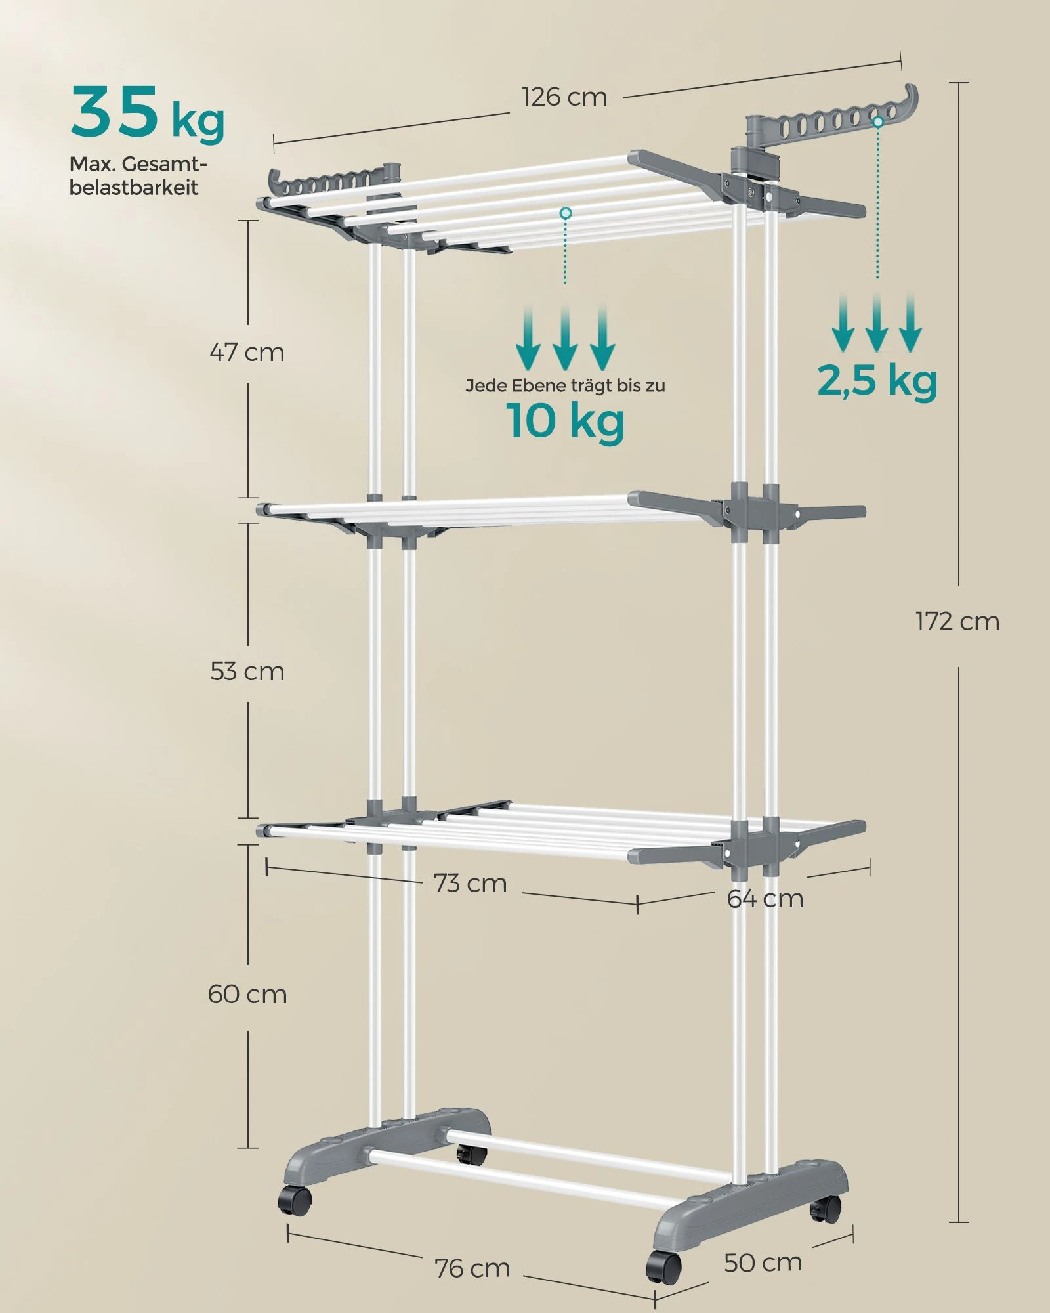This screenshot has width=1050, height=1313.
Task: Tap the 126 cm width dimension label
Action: tap(565, 97)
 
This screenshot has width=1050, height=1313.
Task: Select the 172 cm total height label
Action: tap(957, 621)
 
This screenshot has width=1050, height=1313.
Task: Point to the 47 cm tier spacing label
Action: tap(247, 353)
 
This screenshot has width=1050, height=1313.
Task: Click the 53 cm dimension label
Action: tap(247, 672)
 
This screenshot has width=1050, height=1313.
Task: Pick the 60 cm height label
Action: tap(247, 995)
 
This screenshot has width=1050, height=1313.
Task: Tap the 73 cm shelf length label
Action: tap(471, 884)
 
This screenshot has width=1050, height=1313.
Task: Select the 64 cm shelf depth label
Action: tap(765, 899)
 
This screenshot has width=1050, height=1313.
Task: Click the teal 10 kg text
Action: tap(565, 420)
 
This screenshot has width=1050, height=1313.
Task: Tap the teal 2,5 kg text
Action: tap(877, 381)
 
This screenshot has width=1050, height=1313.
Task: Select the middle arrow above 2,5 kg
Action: tap(877, 322)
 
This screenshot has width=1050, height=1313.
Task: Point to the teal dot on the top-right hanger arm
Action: tap(878, 121)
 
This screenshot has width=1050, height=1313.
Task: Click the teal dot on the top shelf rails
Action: tap(566, 213)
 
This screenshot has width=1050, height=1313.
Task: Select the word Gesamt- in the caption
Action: tap(164, 164)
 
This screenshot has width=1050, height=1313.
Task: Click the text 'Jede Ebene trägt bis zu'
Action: tap(565, 385)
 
